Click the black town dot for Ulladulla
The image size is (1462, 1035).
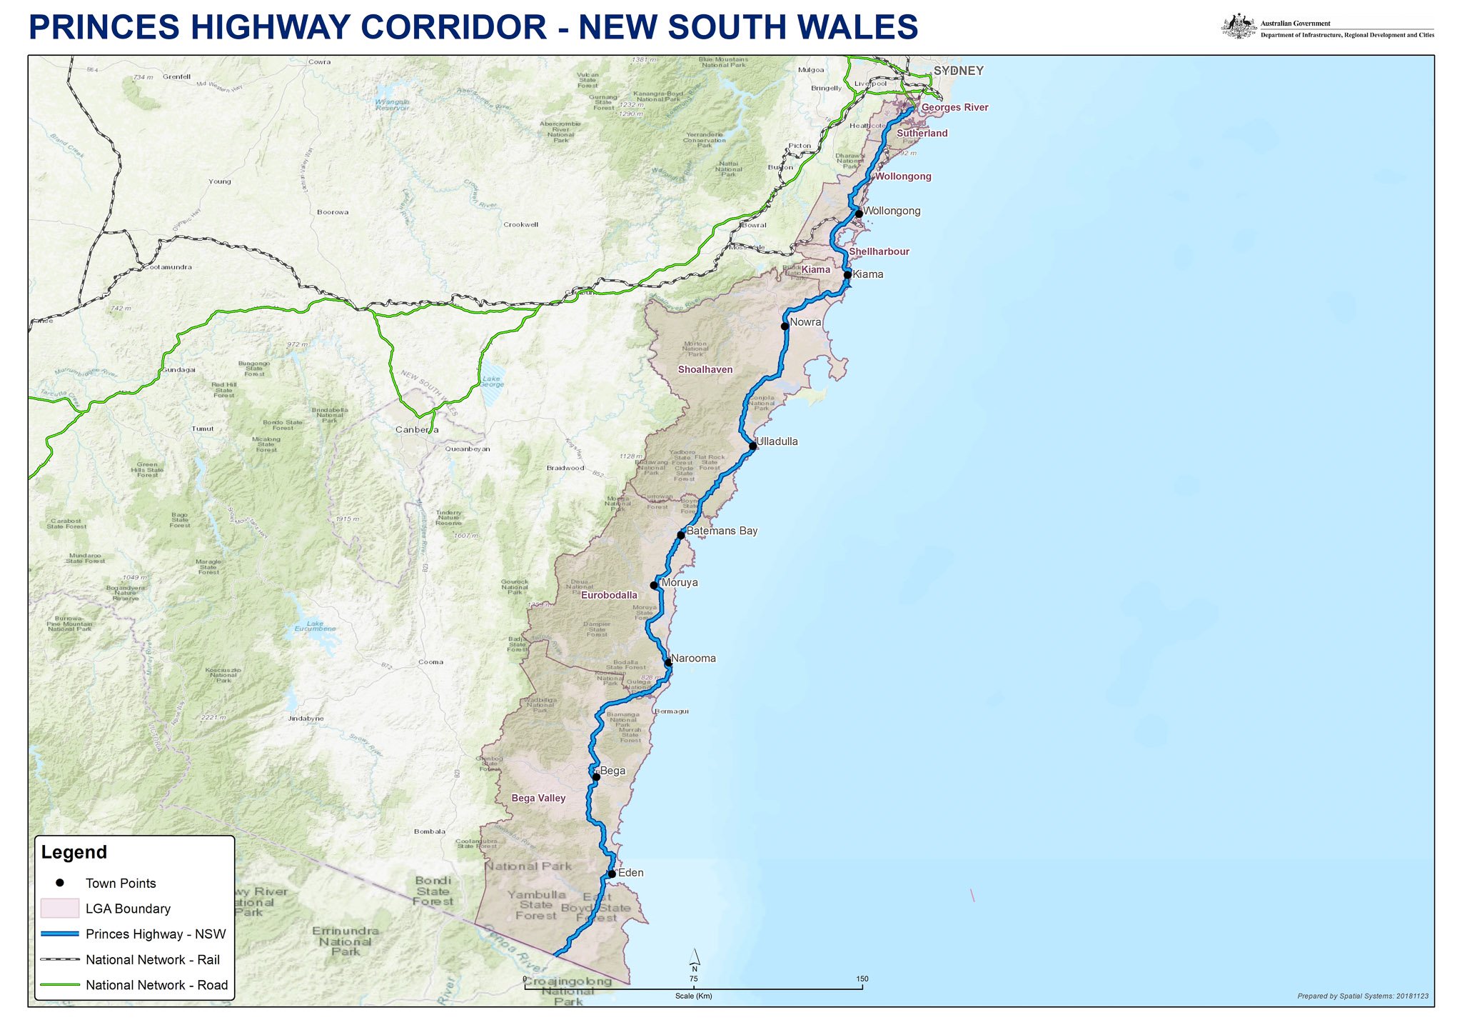pos(752,446)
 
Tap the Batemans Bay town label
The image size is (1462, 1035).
pos(722,531)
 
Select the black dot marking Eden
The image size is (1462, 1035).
pos(612,874)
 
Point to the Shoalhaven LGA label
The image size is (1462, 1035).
pos(705,369)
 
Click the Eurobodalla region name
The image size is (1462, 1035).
pos(609,595)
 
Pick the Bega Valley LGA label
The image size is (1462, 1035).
pos(538,798)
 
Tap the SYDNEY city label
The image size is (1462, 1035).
pos(958,71)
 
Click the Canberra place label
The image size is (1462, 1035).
pos(417,430)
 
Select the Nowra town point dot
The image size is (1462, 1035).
pos(785,326)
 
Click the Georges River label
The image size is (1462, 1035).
pos(954,108)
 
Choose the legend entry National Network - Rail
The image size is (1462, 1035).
pos(153,959)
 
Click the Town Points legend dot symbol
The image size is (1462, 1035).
pos(60,883)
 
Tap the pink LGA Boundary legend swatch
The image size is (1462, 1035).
pos(59,909)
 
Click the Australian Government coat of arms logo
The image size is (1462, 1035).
pos(1239,27)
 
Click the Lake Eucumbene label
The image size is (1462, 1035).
pos(315,626)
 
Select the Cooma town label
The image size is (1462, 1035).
pos(430,662)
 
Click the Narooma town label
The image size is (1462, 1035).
pos(693,659)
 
